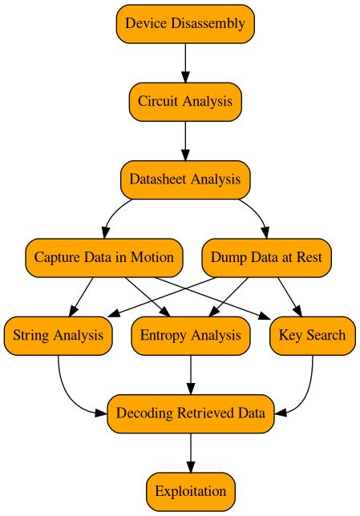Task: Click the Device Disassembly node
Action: [185, 23]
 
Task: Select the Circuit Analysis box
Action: [185, 101]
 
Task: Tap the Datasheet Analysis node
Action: [185, 179]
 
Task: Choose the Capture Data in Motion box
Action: [103, 257]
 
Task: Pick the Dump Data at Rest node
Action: [266, 257]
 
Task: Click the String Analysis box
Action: [58, 335]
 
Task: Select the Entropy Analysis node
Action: [190, 335]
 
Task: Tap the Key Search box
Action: [312, 335]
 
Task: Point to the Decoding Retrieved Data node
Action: [190, 413]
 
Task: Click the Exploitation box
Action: [190, 491]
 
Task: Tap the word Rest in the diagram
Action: [309, 257]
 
